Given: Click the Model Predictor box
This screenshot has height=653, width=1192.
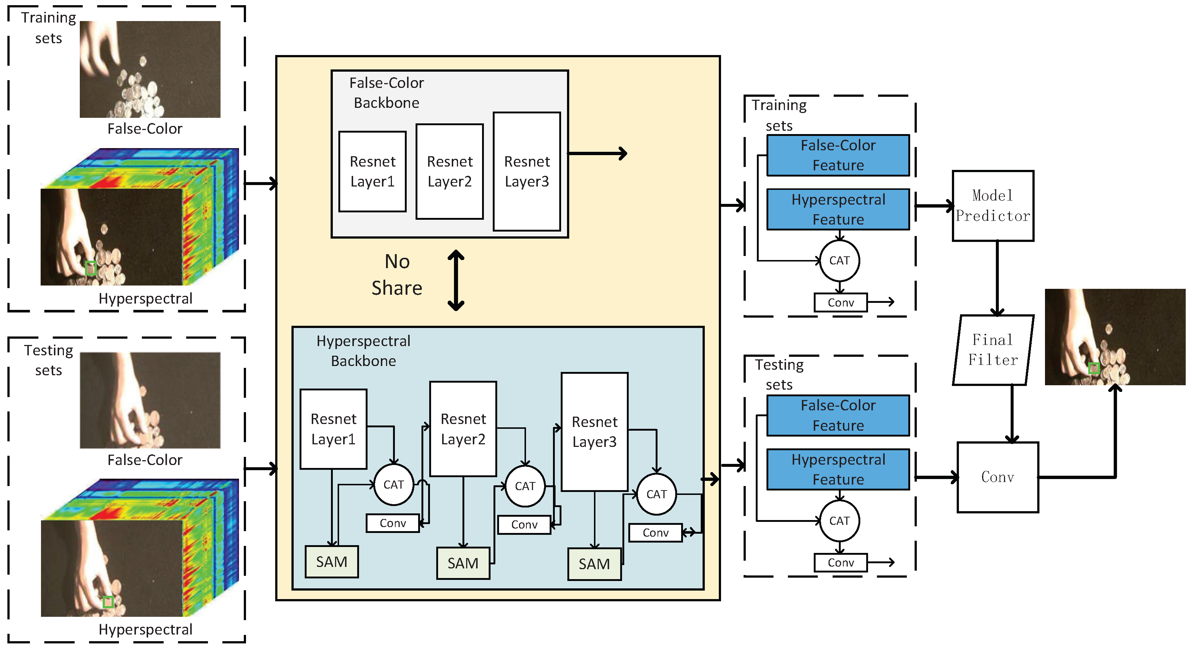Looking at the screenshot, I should (993, 206).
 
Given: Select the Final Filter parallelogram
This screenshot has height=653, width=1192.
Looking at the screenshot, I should (993, 351).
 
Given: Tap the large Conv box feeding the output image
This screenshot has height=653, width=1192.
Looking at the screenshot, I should (997, 477).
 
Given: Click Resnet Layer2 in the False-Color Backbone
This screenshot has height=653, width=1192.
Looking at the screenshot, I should (449, 171).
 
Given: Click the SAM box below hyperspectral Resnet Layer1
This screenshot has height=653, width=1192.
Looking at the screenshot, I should (331, 562).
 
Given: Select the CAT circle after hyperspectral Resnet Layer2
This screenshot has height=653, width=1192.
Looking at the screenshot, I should (525, 486).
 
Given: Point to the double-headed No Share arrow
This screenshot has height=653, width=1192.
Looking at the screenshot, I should (456, 280).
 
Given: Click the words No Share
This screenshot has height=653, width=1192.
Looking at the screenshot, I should (397, 275).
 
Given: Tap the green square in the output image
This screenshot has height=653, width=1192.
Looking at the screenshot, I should (1093, 368).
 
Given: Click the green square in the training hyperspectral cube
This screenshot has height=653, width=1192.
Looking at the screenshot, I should (91, 268).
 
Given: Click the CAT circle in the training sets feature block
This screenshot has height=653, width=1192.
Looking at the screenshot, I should (839, 260).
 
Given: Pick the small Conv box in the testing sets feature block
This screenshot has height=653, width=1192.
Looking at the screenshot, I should (840, 563).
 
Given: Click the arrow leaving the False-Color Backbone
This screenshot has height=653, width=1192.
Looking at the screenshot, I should (597, 153).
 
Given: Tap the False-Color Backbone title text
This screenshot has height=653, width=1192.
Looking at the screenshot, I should (386, 93).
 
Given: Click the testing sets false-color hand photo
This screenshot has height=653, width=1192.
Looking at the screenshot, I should (150, 400).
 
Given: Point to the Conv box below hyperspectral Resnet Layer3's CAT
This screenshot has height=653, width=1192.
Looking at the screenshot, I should (655, 533).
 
